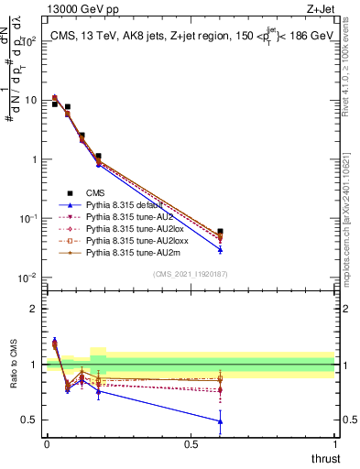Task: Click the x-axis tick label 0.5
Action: pos(191,444)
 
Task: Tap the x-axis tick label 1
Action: pos(334,444)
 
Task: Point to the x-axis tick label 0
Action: pos(47,444)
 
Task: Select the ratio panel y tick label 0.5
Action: pos(29,420)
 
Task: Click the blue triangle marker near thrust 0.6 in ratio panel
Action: pos(220,421)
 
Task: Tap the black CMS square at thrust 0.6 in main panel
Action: pos(220,232)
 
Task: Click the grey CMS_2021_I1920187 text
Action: pos(190,274)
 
